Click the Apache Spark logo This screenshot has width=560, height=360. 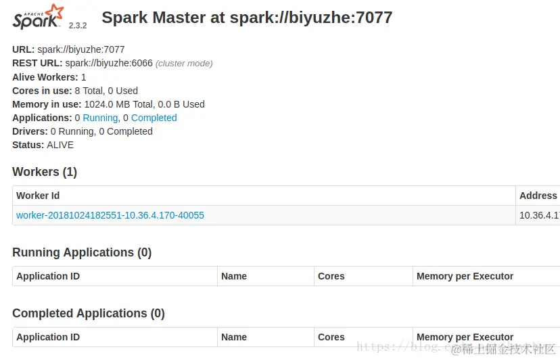(x=38, y=17)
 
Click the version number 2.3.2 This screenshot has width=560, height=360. (x=78, y=25)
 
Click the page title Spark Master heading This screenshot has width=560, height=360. (x=247, y=18)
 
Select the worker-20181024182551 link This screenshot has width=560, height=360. (x=110, y=215)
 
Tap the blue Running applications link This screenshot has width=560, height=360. (x=100, y=118)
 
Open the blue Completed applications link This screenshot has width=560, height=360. (x=154, y=118)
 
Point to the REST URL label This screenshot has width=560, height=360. (x=37, y=63)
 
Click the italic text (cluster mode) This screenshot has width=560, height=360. (x=184, y=64)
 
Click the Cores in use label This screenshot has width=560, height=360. (x=42, y=91)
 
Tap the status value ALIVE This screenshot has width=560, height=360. (x=60, y=145)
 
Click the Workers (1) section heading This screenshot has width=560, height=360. (x=45, y=172)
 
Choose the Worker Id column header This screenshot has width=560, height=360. (x=38, y=196)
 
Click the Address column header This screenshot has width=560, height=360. (x=538, y=196)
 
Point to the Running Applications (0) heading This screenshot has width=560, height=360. (x=82, y=252)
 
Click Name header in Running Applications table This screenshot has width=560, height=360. (x=234, y=276)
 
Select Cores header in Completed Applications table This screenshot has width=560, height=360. (x=331, y=337)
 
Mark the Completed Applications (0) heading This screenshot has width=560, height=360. (x=89, y=313)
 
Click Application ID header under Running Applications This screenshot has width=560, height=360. (x=48, y=276)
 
